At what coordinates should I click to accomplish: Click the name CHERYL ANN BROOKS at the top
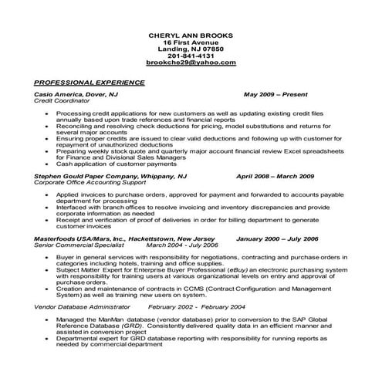point(190,35)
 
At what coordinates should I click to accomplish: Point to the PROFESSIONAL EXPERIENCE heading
point(90,81)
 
